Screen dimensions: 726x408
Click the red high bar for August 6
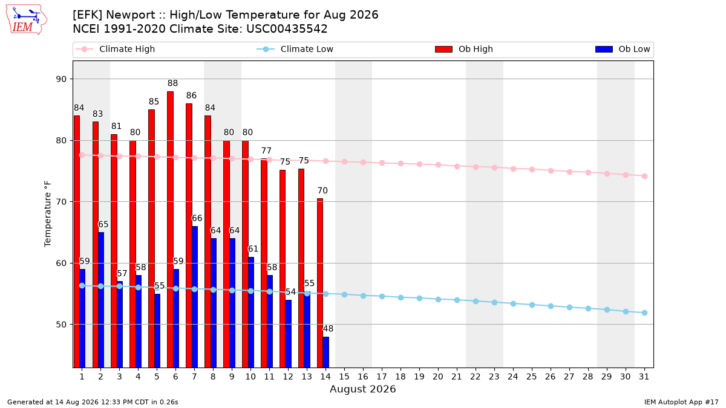point(170,229)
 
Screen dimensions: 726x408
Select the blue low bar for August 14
point(325,352)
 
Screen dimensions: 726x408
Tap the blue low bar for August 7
point(195,297)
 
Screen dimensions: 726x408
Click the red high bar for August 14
point(320,283)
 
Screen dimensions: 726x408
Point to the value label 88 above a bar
point(173,83)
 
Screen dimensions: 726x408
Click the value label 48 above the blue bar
point(328,329)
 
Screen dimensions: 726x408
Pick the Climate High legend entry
point(116,49)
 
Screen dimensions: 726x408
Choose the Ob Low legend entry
point(623,49)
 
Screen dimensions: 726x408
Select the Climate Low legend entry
point(295,49)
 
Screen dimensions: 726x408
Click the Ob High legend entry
point(464,49)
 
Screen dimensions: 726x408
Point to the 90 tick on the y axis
point(61,79)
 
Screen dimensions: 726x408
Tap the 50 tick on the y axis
point(61,325)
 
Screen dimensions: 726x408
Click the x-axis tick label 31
point(644,377)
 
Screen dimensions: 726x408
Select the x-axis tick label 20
point(438,377)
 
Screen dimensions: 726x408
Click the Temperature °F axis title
point(48,214)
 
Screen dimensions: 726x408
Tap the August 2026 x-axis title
point(362,389)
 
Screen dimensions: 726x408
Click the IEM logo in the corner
point(27,20)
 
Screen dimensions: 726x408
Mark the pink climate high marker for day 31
point(645,176)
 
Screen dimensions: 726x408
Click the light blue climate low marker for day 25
point(532,305)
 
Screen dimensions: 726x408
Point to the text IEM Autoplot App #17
point(681,402)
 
